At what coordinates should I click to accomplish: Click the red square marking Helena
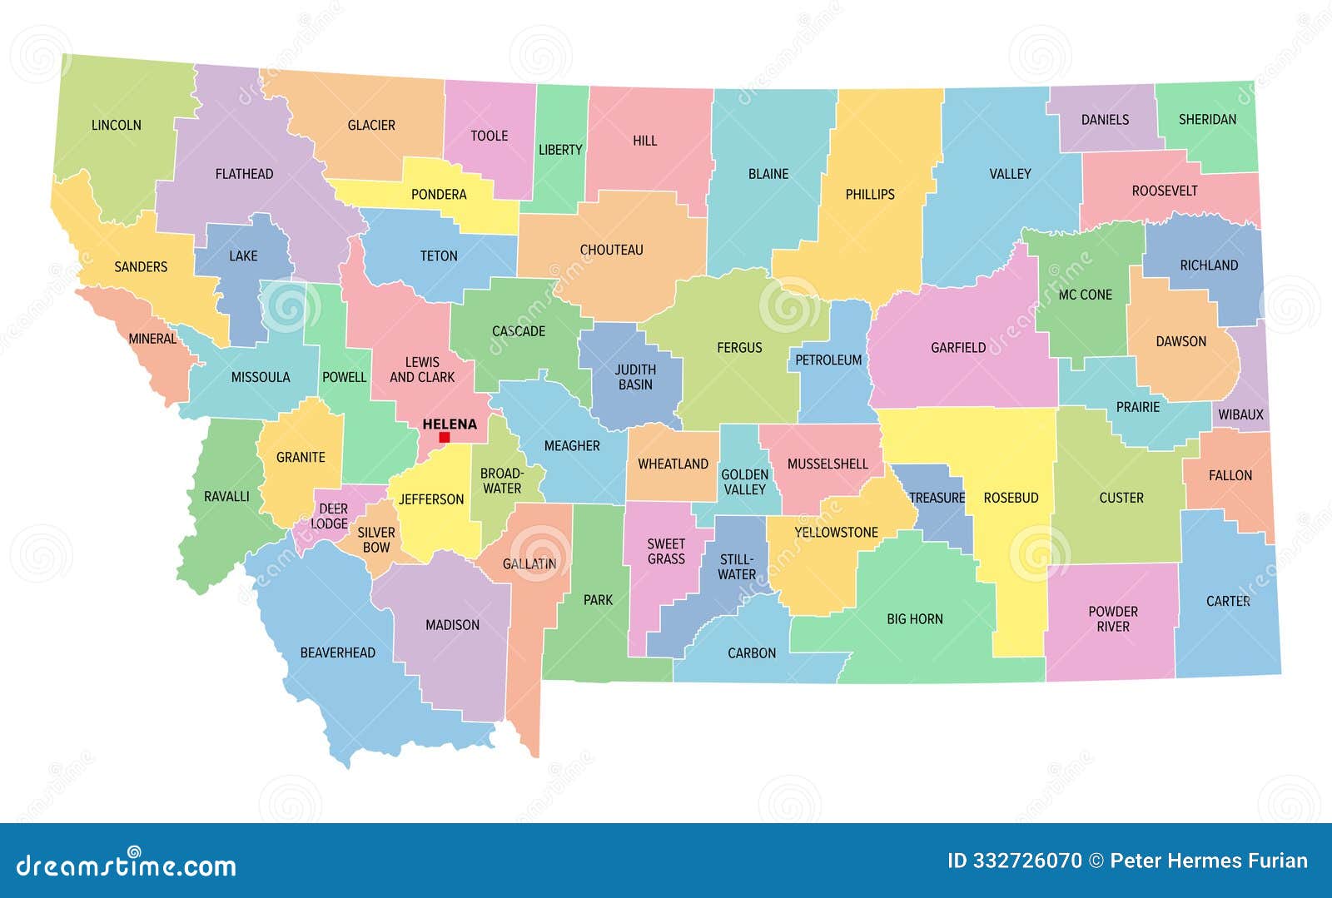point(445,437)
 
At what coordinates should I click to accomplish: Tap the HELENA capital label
point(450,424)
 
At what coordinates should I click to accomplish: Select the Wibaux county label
point(1240,414)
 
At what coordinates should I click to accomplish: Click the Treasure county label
point(937,498)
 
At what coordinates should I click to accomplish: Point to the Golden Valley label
point(744,482)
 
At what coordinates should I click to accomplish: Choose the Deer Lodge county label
point(331,516)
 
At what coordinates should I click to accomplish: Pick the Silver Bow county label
point(376,539)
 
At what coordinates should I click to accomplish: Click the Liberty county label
point(560,150)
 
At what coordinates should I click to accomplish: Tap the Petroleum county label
point(828,360)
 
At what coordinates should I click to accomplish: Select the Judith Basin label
point(635,377)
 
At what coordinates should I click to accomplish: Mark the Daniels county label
point(1105,120)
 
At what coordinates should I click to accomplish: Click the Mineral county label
point(152,339)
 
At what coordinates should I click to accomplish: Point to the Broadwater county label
point(502,480)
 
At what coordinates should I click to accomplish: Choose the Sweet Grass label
point(666,551)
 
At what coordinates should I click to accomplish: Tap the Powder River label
point(1113,618)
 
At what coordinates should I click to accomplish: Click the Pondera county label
point(439,195)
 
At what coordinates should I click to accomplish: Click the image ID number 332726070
point(1015,861)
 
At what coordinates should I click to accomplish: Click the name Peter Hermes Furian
point(1209,861)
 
